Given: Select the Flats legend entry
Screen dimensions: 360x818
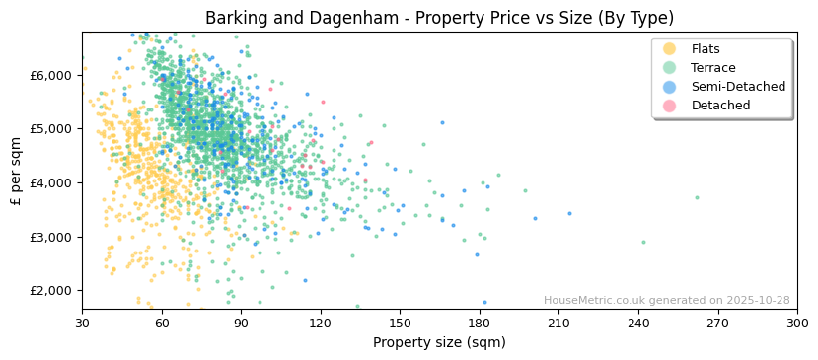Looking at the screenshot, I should [x=706, y=49].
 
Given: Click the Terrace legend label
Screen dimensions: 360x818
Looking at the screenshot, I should [x=712, y=68].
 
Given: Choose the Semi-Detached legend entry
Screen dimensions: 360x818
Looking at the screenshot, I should [x=738, y=87].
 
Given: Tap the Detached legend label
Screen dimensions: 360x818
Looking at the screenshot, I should [x=720, y=106].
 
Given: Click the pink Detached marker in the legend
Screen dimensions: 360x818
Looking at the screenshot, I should [x=670, y=106].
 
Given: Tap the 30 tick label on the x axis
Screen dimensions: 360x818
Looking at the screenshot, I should [x=82, y=323].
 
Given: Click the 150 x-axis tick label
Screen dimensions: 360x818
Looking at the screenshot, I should [x=400, y=323].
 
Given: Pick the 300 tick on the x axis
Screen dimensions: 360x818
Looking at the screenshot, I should [x=797, y=323].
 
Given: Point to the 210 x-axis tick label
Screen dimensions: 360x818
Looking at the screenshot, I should [x=558, y=323].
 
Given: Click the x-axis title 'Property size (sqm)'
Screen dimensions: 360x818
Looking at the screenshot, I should [x=439, y=343].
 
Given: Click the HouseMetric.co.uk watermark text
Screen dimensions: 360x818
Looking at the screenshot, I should [x=666, y=301].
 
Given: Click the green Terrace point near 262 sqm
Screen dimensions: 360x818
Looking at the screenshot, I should [x=697, y=197].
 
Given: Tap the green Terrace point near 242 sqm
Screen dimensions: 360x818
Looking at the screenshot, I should [x=643, y=242].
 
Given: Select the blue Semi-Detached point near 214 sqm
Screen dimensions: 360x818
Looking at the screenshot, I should [x=569, y=213].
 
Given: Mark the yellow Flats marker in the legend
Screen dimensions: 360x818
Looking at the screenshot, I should [x=670, y=49].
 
